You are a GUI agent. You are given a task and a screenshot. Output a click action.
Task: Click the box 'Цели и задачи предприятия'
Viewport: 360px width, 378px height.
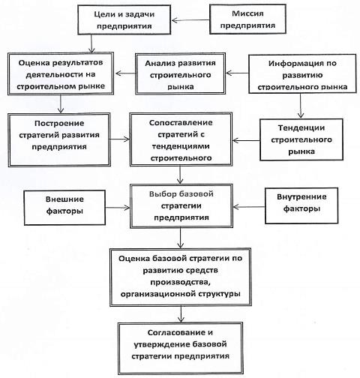(124, 20)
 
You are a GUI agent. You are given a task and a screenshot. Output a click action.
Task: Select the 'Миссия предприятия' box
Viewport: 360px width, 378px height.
(247, 19)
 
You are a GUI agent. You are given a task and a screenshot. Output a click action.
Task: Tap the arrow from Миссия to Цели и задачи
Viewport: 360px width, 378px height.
(190, 20)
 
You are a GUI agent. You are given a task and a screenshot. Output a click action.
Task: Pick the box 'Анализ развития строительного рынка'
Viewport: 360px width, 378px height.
(180, 73)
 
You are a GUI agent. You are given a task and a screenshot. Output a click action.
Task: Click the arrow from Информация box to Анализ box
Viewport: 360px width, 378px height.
(237, 73)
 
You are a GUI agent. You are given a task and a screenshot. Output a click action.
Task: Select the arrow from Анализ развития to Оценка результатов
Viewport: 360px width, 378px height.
(125, 73)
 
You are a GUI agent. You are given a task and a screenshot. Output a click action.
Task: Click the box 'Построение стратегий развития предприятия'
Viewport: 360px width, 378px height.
(59, 139)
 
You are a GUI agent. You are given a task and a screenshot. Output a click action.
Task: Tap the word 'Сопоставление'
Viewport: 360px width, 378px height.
(181, 123)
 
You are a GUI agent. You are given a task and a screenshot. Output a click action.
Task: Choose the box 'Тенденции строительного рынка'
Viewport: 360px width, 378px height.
(301, 139)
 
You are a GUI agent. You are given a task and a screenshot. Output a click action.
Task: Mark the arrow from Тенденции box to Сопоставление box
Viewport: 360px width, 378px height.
(246, 140)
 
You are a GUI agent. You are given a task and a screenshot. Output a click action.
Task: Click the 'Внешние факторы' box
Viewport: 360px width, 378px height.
(64, 208)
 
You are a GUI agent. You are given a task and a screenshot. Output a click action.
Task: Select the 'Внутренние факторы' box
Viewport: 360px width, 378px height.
(301, 205)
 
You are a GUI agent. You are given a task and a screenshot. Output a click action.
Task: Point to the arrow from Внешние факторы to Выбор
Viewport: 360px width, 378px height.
(118, 208)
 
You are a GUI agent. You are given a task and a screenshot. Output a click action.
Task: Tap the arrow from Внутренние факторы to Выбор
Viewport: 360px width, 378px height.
(249, 207)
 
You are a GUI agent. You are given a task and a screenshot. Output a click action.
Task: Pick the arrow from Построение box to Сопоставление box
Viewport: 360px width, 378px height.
(120, 139)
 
